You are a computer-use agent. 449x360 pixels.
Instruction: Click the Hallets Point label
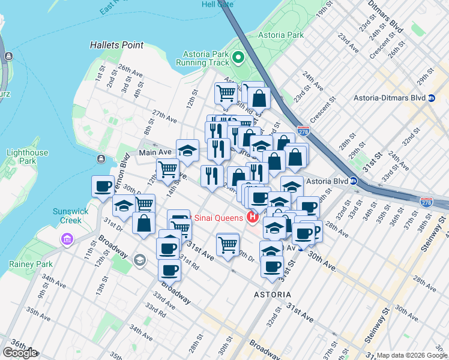pos(116,45)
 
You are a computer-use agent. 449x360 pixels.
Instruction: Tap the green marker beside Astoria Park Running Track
pos(238,58)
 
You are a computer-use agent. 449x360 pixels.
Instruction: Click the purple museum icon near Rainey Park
pos(65,240)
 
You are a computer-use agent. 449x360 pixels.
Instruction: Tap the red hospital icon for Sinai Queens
pos(253,217)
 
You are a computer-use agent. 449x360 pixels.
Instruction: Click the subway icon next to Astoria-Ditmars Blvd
pos(431,97)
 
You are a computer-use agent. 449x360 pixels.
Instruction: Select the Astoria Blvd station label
pos(327,181)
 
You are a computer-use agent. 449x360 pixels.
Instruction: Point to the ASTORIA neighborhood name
pos(273,295)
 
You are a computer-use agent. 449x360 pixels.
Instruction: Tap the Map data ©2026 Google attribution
pos(412,355)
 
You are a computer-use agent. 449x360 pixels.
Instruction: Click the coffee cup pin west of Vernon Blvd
pos(103,185)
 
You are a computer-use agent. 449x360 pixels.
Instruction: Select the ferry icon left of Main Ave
pos(100,159)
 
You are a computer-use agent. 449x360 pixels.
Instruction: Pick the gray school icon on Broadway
pos(140,259)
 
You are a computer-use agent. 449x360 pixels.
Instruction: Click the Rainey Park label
pos(25,264)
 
